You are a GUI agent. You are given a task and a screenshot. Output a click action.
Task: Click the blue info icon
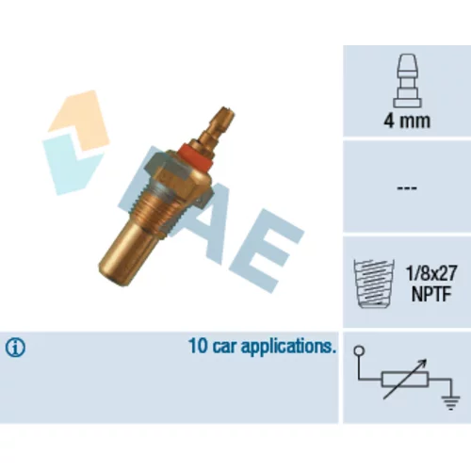[x=15, y=348]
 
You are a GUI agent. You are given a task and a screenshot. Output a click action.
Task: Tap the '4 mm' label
[x=407, y=121]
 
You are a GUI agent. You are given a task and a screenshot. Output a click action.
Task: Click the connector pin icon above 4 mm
[x=407, y=81]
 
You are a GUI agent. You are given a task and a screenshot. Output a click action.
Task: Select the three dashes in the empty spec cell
[x=407, y=188]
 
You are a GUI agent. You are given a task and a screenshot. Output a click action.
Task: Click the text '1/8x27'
[x=431, y=273]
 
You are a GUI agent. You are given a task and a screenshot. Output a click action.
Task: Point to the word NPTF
[x=431, y=294]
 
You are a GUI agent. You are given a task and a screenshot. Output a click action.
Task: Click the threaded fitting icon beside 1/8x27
[x=374, y=284]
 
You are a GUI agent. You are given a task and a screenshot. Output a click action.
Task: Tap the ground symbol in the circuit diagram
[x=450, y=403]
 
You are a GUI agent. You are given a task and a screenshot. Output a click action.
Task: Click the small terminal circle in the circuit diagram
[x=359, y=350]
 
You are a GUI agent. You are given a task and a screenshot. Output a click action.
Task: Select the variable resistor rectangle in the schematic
[x=405, y=380]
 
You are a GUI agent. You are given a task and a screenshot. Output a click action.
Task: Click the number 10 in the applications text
[x=198, y=346]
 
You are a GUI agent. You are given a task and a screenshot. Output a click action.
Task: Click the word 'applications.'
[x=287, y=347]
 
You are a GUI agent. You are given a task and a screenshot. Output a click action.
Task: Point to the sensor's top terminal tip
[x=227, y=110]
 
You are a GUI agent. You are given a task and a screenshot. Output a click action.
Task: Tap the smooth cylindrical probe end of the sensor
[x=126, y=252]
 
